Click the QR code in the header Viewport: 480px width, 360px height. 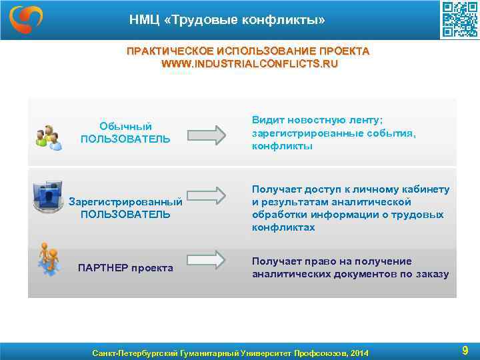point(459,20)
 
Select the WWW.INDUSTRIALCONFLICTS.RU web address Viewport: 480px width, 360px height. point(249,64)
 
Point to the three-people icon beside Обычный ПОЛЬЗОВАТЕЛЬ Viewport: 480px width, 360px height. point(49,137)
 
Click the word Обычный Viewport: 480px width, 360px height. point(125,126)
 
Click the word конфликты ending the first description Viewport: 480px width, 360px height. point(282,145)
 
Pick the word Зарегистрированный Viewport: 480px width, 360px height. point(126,201)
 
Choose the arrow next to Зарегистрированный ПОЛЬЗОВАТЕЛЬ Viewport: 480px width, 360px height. point(207,195)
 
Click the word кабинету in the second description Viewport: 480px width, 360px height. point(426,189)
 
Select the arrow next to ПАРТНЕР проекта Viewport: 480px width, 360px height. point(207,259)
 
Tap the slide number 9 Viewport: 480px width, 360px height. point(465,350)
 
